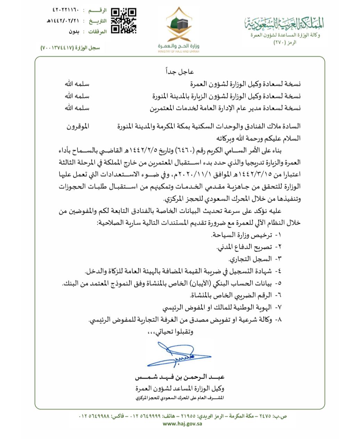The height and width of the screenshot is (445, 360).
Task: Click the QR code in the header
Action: (123, 21)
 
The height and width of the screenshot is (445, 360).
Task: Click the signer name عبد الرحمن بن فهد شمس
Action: (180, 377)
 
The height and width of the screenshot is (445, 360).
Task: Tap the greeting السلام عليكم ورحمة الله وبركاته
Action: (259, 138)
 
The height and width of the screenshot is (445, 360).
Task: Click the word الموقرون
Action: (78, 127)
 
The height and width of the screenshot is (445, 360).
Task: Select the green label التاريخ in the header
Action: (98, 21)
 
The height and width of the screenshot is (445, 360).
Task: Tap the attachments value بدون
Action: (74, 32)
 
